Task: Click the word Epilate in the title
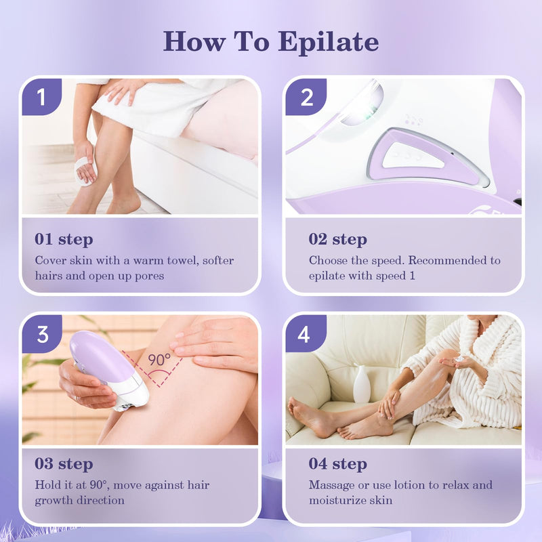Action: [x=328, y=42]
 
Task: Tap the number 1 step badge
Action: [x=41, y=97]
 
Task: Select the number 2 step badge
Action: [x=306, y=97]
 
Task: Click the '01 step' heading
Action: [x=64, y=239]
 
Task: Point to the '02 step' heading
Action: [x=338, y=239]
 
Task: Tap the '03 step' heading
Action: [x=64, y=464]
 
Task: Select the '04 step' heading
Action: [x=338, y=464]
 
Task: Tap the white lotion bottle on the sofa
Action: [x=362, y=384]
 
